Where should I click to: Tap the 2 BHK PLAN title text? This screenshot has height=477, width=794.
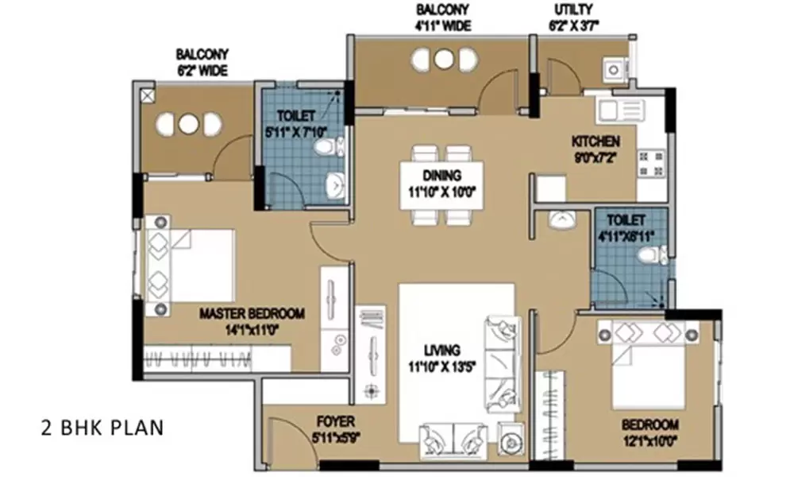click(102, 428)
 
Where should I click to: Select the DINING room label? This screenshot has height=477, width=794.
click(441, 175)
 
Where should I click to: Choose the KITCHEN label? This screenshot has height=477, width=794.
click(595, 142)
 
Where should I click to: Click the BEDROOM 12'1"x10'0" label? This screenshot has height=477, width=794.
click(650, 424)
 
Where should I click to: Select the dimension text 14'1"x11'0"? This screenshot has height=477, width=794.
click(241, 328)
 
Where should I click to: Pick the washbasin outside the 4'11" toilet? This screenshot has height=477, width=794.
click(561, 218)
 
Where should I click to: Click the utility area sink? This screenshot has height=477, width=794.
click(613, 70)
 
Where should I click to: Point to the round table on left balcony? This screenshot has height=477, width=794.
click(187, 124)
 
